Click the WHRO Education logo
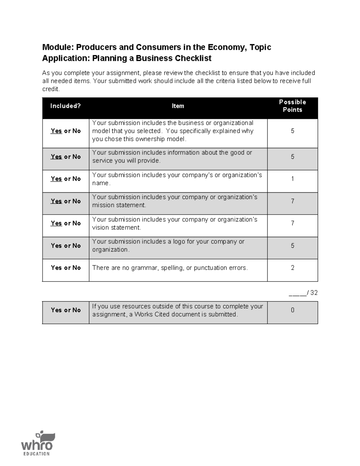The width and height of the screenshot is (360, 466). (37, 444)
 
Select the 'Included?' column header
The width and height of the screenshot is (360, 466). (65, 106)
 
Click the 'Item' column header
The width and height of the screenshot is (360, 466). (178, 106)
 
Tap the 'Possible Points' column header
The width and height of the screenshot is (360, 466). (292, 106)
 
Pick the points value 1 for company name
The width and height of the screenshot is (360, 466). (292, 179)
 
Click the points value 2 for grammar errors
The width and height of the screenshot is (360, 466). (292, 268)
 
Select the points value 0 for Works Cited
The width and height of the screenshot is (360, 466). (292, 310)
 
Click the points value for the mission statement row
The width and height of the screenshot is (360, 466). (292, 201)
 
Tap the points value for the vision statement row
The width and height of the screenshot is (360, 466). (292, 223)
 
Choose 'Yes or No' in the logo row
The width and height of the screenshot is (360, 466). (66, 246)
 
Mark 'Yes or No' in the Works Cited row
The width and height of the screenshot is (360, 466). (66, 310)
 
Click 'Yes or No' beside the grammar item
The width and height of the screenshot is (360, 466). (66, 268)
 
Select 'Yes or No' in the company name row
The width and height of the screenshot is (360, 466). (66, 179)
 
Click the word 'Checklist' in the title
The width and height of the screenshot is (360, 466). (193, 58)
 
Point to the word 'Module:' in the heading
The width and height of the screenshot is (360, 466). (58, 47)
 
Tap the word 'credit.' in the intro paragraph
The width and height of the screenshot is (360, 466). (51, 89)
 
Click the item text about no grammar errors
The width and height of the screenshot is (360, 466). (170, 268)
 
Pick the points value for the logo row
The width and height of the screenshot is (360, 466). (292, 246)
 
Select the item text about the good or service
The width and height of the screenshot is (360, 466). (172, 157)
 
